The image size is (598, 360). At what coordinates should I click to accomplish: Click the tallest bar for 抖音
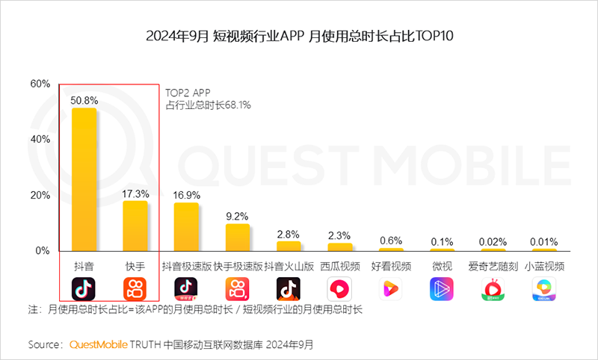click(x=84, y=179)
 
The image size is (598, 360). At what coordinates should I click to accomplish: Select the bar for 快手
click(x=135, y=226)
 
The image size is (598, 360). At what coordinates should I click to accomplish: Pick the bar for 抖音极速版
click(x=186, y=226)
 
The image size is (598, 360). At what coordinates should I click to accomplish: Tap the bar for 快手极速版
click(x=237, y=237)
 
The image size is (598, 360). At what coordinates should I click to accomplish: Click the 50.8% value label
click(x=84, y=99)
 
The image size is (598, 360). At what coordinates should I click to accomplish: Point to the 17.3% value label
click(x=135, y=193)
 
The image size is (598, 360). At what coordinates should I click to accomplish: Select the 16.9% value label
click(x=186, y=194)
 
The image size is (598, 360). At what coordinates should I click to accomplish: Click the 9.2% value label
click(x=237, y=216)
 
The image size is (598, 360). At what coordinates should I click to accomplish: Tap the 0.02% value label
click(x=493, y=240)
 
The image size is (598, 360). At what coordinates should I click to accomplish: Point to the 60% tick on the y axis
click(x=40, y=83)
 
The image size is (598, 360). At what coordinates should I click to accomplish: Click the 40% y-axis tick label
click(x=40, y=139)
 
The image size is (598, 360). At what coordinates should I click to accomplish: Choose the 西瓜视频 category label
click(x=340, y=266)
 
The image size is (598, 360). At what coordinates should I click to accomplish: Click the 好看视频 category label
click(x=391, y=266)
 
